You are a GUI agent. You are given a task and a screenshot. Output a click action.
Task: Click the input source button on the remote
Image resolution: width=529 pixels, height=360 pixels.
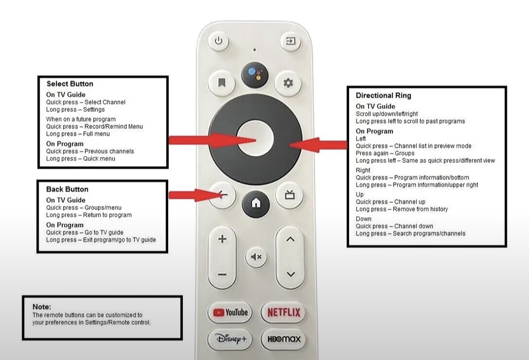(x=291, y=41)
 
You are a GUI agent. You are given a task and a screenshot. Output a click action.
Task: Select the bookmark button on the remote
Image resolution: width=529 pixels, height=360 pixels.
(x=222, y=83)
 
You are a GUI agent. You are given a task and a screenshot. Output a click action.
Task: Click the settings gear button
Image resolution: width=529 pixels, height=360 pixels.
(x=288, y=83)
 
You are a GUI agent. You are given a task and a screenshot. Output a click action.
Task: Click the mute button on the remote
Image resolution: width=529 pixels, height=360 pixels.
(x=256, y=257)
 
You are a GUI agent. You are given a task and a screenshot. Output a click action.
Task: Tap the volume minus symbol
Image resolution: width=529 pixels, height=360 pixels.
(x=222, y=275)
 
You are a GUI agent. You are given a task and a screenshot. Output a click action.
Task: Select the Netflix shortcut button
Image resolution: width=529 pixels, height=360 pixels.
(x=284, y=312)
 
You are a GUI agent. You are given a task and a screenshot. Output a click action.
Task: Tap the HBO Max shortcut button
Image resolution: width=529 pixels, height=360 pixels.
(x=284, y=339)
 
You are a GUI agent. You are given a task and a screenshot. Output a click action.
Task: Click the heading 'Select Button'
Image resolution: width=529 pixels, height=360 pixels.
(x=70, y=84)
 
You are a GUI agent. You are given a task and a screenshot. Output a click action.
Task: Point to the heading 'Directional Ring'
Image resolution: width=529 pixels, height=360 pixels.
(x=383, y=96)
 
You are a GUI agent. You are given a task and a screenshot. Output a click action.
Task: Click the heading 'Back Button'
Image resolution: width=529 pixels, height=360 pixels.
(x=67, y=189)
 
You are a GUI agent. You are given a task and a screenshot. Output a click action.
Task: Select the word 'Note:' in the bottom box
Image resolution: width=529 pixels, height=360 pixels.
(x=42, y=307)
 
